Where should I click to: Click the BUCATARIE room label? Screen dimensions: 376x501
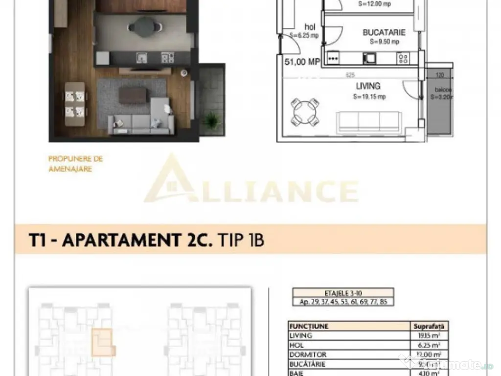[384, 33]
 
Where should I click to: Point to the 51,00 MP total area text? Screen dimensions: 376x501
[302, 62]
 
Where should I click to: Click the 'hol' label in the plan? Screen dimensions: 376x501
[309, 26]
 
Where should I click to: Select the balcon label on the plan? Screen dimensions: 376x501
[438, 90]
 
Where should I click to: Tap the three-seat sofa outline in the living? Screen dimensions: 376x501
[369, 120]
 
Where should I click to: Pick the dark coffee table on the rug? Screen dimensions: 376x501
[132, 95]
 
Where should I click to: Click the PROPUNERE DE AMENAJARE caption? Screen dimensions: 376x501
[75, 164]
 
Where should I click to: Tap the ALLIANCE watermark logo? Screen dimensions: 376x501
[250, 186]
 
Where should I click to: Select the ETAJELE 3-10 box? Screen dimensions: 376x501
[342, 292]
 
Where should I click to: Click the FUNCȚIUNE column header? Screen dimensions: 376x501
[309, 326]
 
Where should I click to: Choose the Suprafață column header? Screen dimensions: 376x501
[428, 326]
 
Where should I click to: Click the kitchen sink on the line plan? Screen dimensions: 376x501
[368, 58]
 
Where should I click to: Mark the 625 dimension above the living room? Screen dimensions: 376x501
[349, 75]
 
